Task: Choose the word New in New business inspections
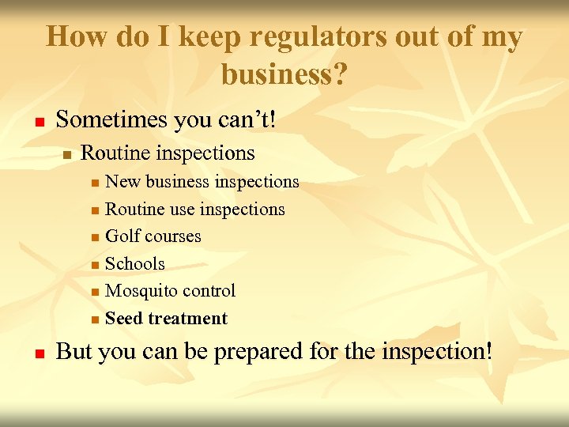coord(121,182)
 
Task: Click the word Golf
coord(122,236)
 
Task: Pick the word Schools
coord(135,264)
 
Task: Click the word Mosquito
coord(141,291)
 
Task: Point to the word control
coord(208,291)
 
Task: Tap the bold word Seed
coord(123,319)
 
